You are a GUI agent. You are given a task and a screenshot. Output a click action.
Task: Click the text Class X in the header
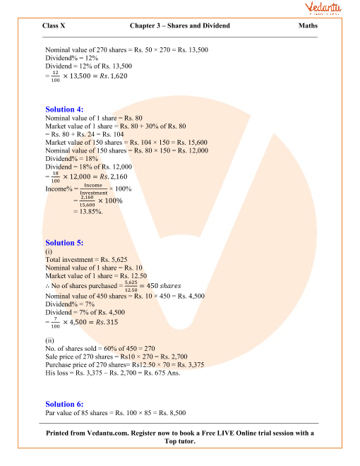56,26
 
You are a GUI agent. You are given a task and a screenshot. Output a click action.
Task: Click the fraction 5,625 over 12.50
131,286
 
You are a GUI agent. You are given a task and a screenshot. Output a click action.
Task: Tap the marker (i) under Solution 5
48,251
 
